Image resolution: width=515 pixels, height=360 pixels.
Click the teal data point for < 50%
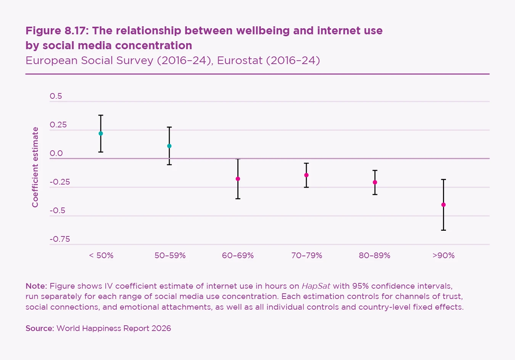(101, 133)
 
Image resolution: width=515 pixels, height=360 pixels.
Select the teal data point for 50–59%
(169, 146)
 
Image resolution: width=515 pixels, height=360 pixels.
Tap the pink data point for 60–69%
(238, 179)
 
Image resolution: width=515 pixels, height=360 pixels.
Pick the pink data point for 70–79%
(306, 175)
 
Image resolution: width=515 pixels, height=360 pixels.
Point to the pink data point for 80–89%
(375, 182)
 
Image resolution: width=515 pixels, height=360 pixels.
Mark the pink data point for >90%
(443, 205)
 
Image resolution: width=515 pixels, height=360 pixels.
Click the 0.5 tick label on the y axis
(56, 96)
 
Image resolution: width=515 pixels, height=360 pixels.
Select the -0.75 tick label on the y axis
(60, 239)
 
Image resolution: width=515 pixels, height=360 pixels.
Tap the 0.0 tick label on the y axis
(56, 153)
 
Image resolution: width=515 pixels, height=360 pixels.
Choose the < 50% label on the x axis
(101, 256)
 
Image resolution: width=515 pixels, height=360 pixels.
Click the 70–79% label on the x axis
(307, 256)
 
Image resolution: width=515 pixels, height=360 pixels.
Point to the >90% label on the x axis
(444, 256)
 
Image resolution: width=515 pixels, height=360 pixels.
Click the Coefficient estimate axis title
(35, 167)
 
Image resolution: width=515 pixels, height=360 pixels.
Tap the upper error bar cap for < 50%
(101, 115)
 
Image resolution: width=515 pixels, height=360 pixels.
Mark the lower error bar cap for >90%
(443, 230)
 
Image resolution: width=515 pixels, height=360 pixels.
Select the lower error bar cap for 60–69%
(238, 199)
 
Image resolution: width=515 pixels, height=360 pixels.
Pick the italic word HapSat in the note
(316, 286)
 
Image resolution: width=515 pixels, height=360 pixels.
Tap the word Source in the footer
(39, 328)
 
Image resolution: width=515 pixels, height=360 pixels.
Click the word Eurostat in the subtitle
(240, 61)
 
